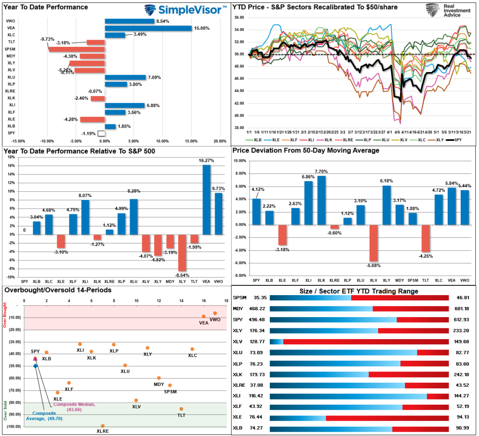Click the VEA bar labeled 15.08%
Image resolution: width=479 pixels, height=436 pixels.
click(148, 28)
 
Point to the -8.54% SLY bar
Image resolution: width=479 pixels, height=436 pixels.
click(182, 253)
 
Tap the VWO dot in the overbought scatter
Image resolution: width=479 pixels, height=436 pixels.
click(215, 313)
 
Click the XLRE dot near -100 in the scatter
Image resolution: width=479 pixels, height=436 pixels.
click(102, 426)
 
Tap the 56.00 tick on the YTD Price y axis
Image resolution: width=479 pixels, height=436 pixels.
click(239, 17)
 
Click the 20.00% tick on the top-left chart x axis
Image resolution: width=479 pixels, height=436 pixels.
click(220, 141)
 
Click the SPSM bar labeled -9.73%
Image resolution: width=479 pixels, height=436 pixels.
click(76, 49)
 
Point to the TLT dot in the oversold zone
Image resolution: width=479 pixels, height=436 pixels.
click(181, 409)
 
